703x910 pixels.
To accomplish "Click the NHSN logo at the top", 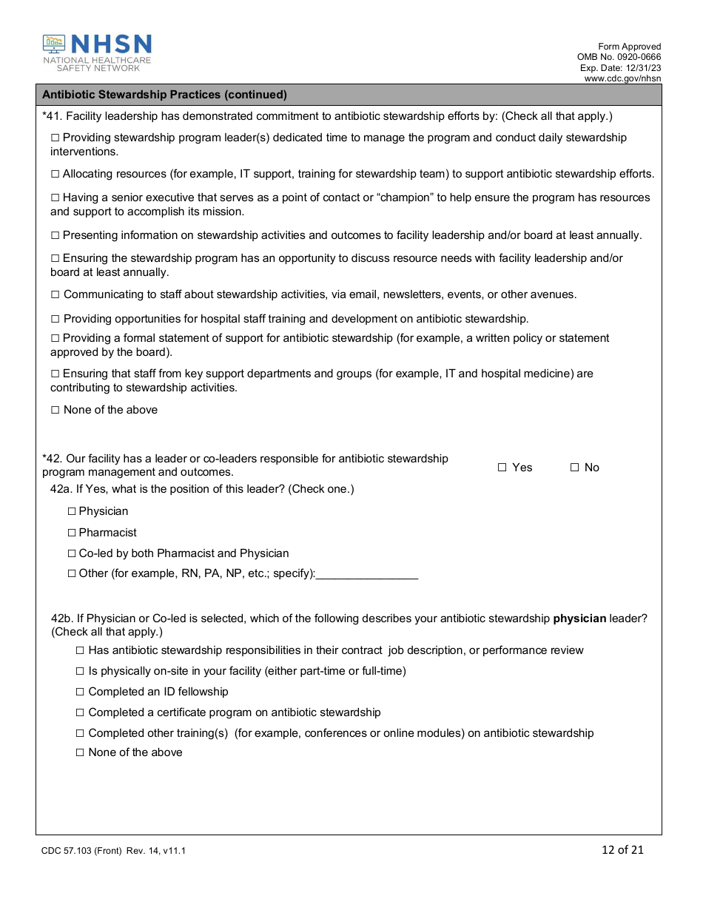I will tap(97, 53).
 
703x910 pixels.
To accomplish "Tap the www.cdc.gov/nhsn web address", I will tap(622, 78).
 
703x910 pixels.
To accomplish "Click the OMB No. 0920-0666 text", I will tap(619, 57).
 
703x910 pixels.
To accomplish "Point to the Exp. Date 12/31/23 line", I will tap(620, 68).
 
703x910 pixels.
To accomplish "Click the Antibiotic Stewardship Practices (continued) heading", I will tap(164, 95).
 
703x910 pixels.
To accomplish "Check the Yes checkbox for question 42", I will tap(502, 468).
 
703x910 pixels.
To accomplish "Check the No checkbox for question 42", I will tap(574, 468).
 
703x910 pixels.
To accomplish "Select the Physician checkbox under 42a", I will tap(72, 511).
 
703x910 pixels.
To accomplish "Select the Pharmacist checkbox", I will tap(72, 533).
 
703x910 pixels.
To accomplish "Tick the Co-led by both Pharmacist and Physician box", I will tap(72, 553).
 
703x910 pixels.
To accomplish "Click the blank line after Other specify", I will tap(367, 574).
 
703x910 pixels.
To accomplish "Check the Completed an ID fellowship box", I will tap(81, 692).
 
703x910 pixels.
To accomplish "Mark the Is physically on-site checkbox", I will tap(81, 671).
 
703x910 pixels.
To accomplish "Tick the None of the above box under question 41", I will tap(55, 410).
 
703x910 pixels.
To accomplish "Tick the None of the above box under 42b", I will tap(81, 752).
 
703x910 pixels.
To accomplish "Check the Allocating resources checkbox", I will tap(55, 175).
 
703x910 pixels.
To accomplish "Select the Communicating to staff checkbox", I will tap(55, 294).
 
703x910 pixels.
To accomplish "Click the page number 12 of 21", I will tap(622, 849).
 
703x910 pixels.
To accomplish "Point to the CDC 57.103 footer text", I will tap(113, 851).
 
